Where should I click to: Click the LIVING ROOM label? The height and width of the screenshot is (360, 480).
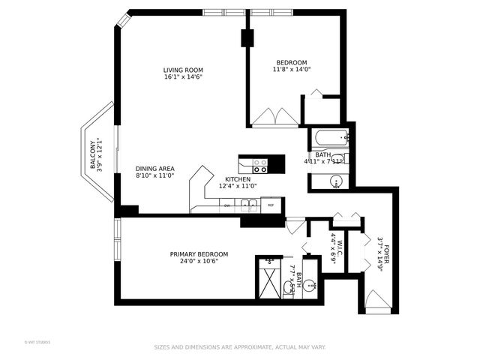(184, 70)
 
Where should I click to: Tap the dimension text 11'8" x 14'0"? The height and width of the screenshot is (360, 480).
(292, 69)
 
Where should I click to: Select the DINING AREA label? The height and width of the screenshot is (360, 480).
(155, 169)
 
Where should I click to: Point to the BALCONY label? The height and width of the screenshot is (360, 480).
(93, 154)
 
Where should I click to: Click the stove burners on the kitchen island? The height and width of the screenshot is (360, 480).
(260, 165)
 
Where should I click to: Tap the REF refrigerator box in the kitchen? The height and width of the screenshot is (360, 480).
(271, 205)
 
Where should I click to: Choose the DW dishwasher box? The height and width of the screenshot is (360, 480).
(227, 205)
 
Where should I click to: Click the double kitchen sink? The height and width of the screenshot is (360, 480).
(249, 205)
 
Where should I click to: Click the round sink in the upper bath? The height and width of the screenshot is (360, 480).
(337, 181)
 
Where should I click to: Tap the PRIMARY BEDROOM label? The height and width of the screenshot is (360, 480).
(199, 254)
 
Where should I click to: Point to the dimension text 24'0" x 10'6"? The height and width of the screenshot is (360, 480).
(199, 262)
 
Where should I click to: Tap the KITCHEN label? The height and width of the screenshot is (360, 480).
(238, 179)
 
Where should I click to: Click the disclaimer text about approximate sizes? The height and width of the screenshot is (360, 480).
(240, 347)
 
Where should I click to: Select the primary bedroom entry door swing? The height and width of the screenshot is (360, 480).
(295, 225)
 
